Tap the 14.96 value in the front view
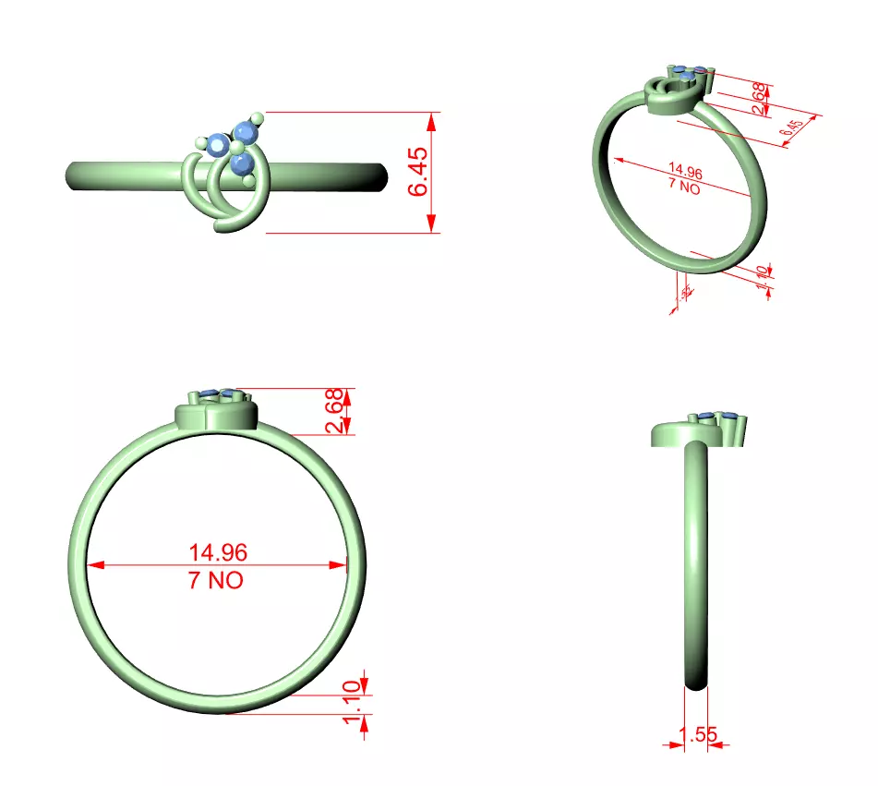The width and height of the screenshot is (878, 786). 218,552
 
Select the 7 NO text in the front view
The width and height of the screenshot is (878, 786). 218,581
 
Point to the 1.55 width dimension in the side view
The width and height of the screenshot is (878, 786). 697,735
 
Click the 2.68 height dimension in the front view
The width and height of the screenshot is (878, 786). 335,410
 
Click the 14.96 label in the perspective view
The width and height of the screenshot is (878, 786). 684,171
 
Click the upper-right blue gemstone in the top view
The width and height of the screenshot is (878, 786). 247,130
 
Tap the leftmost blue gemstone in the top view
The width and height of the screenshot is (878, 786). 219,144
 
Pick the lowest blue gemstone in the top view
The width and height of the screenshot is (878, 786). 243,164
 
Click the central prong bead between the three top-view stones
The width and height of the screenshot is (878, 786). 236,148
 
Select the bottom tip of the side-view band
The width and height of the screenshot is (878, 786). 697,684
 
